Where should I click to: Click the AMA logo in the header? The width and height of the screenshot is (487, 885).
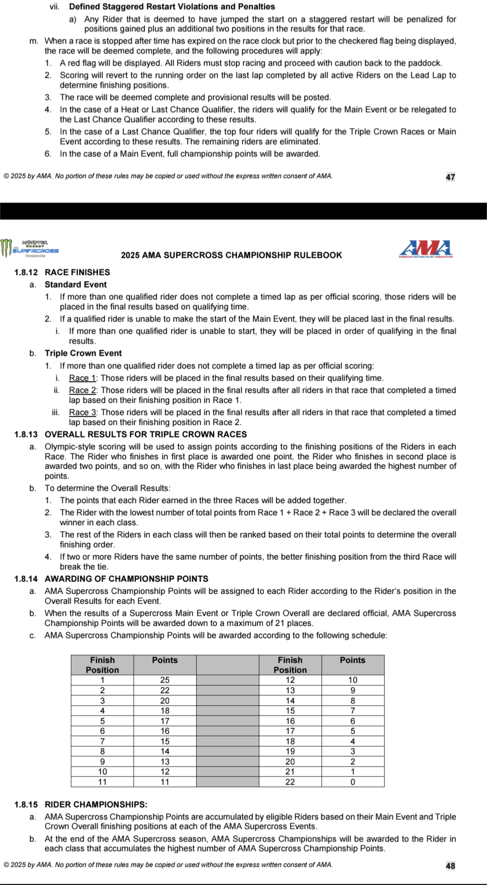point(426,249)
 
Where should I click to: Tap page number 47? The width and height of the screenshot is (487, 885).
point(450,177)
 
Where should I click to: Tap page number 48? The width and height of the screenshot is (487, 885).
point(450,866)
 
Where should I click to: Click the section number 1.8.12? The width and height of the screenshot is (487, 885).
point(26,272)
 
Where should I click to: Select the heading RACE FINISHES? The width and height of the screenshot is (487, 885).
point(77,272)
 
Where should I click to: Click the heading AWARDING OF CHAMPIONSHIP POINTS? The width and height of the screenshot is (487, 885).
point(126,579)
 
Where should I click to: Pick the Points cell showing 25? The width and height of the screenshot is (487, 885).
point(165,680)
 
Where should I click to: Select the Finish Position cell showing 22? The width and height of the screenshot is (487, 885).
point(290,782)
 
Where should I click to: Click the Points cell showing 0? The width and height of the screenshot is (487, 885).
point(353,782)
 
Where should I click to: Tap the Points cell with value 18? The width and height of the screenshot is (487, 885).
point(165,711)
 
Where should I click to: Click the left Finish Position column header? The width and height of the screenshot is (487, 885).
point(102,665)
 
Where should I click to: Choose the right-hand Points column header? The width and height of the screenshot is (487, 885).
point(353,660)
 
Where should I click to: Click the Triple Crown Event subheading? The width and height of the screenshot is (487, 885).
point(83,353)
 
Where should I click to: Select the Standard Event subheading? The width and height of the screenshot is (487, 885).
point(76,284)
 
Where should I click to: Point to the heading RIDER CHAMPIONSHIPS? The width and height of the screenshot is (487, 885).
point(96,805)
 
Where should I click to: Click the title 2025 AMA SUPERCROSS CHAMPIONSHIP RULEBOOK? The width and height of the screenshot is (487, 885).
point(231,255)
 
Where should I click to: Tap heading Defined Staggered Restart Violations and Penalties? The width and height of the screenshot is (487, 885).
point(172,7)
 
